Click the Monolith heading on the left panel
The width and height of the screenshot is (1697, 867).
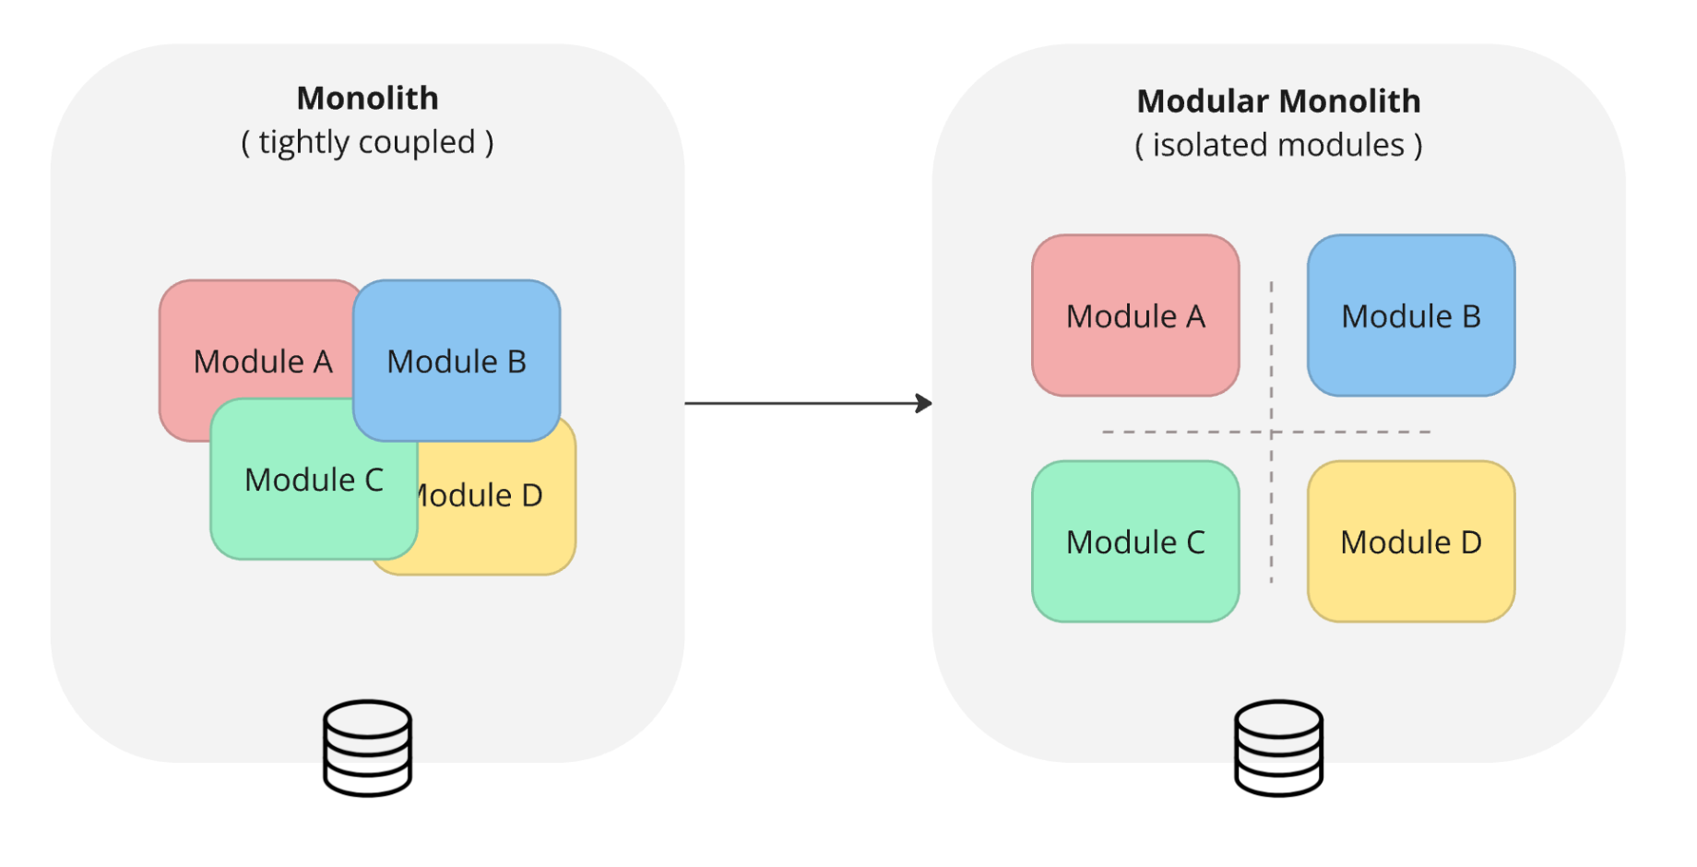[367, 98]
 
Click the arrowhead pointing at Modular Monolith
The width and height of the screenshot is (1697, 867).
[924, 403]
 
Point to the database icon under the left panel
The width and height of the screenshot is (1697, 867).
[367, 747]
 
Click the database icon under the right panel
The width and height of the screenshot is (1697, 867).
[1278, 747]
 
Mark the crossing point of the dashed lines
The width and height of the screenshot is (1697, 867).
[1271, 432]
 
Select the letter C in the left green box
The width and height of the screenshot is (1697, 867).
[374, 480]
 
